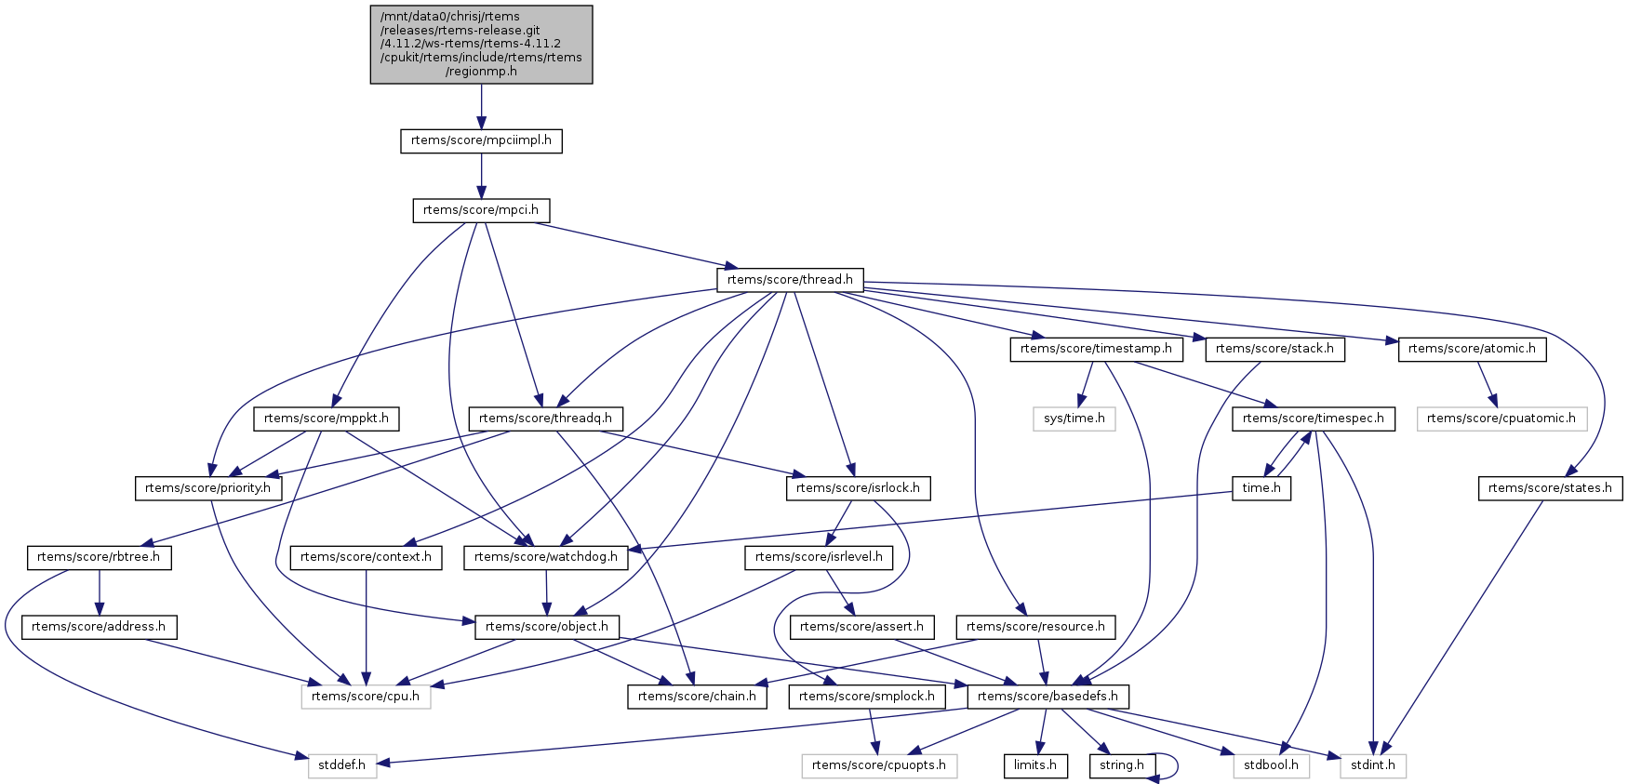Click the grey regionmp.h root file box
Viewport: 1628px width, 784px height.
[481, 45]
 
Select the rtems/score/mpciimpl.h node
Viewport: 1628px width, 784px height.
[481, 141]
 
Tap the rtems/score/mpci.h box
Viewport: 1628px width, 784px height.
[481, 210]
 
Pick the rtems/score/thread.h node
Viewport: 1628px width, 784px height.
[790, 279]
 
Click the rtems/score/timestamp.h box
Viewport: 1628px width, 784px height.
[1097, 349]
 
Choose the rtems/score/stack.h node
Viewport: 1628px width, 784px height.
[1274, 349]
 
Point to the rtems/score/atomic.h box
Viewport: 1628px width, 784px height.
[1472, 349]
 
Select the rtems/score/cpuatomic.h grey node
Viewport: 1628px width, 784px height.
[1501, 419]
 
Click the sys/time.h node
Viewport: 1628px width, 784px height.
[1074, 419]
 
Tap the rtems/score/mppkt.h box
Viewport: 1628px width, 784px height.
[327, 419]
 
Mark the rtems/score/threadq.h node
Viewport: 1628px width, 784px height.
[545, 419]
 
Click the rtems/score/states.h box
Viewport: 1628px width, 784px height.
[1550, 488]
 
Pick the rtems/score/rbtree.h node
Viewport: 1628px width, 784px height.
[99, 557]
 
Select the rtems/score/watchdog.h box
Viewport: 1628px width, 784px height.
[545, 557]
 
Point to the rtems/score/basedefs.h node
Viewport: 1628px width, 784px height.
[1048, 697]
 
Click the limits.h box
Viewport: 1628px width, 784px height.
[1035, 765]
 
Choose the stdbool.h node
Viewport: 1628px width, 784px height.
[1272, 765]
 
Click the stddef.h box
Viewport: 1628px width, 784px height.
[342, 765]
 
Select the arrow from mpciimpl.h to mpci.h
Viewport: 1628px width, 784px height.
[481, 176]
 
